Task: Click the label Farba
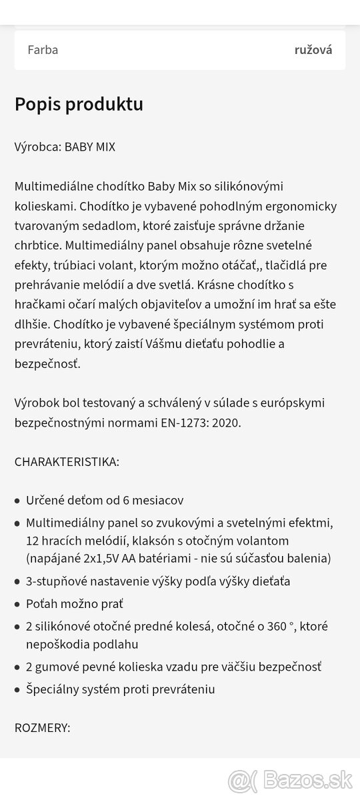[x=43, y=50]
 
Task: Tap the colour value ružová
[x=313, y=50]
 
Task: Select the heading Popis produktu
[x=79, y=105]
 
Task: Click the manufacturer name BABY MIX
[x=89, y=147]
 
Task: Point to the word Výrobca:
[x=38, y=147]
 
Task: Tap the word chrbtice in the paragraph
[x=35, y=246]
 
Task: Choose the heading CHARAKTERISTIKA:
[x=67, y=462]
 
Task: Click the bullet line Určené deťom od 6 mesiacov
[x=105, y=501]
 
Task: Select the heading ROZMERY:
[x=42, y=728]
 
